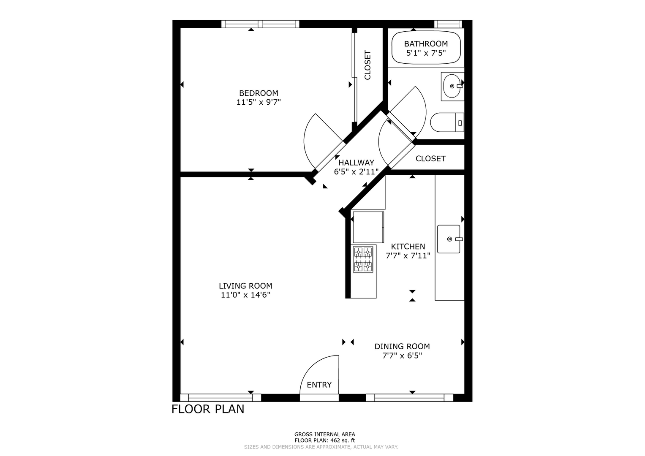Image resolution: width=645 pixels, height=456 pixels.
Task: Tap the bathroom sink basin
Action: [x=452, y=86]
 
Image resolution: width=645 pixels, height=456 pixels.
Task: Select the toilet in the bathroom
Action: [x=447, y=122]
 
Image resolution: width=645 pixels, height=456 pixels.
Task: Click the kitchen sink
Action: [x=449, y=239]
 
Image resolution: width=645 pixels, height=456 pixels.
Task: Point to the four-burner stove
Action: [x=363, y=259]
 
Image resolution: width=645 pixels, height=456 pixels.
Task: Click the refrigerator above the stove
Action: [x=368, y=227]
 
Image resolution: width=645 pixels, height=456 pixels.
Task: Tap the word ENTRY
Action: [x=319, y=385]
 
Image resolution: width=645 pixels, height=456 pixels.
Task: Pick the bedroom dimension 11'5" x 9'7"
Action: [x=259, y=102]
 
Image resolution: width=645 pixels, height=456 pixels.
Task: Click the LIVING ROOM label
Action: [x=245, y=286]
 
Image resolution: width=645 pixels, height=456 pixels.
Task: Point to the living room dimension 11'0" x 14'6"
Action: [x=245, y=295]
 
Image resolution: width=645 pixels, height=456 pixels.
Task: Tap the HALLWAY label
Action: [x=356, y=163]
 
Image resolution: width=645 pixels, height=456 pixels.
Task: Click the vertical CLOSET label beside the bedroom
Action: [x=367, y=65]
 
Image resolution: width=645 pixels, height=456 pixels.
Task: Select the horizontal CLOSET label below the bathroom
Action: [x=430, y=159]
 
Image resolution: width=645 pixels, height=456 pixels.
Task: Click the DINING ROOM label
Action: [x=402, y=346]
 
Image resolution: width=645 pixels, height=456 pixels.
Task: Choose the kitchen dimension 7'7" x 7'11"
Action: [x=408, y=255]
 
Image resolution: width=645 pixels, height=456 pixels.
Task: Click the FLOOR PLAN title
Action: [x=208, y=409]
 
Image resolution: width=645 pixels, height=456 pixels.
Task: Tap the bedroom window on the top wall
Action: [x=260, y=24]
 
